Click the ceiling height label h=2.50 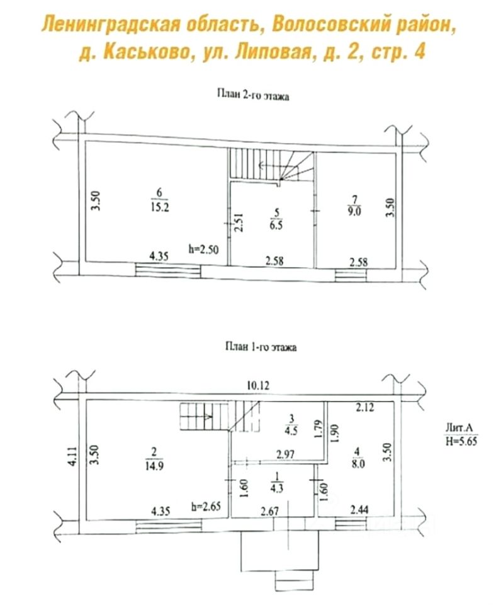tap(203, 248)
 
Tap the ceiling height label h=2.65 tap(205, 507)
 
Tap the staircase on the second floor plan tap(271, 165)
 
